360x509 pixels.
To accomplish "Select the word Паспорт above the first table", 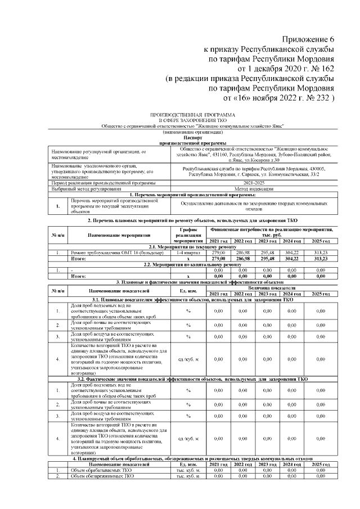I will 192,137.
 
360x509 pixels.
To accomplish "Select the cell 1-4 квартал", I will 185,253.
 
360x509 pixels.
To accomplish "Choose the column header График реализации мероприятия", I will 185,235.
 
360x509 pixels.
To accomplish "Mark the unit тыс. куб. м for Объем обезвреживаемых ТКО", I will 185,476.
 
